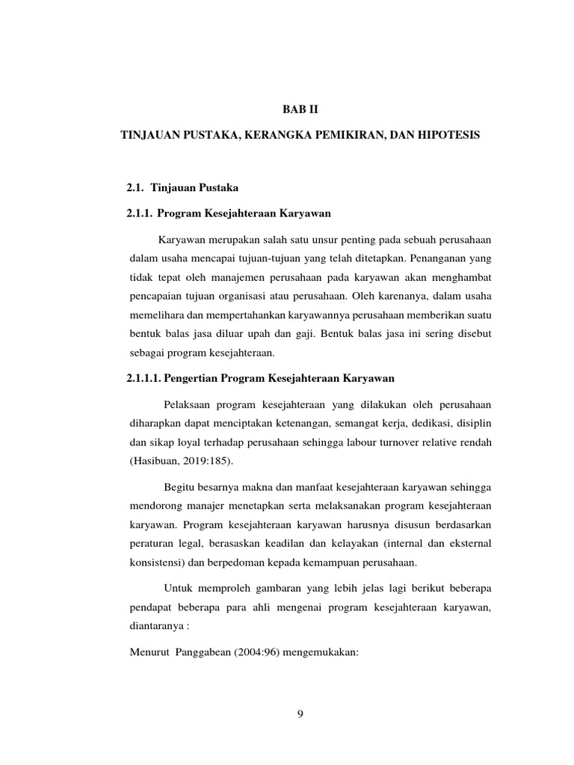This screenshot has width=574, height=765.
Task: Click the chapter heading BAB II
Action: (x=299, y=109)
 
